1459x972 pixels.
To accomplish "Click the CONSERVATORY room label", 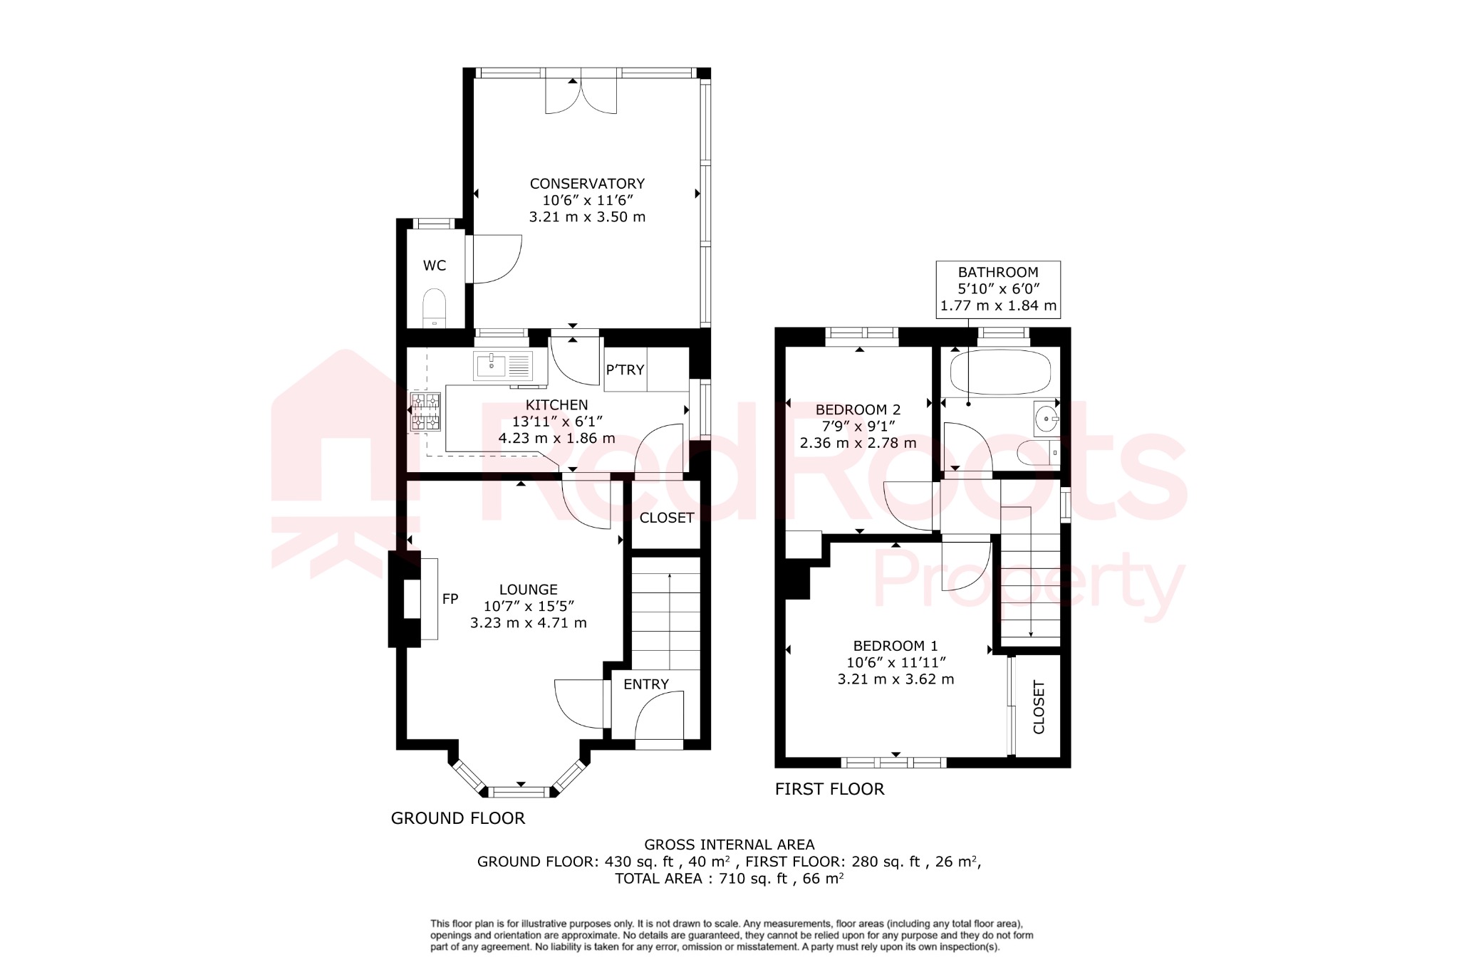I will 587,184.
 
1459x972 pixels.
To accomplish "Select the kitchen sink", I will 491,366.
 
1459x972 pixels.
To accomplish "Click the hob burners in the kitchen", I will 425,412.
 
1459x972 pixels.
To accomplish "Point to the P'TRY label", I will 625,370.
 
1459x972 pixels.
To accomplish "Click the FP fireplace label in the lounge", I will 450,599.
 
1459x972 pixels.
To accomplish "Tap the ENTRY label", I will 645,684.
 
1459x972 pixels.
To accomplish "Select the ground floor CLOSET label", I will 666,518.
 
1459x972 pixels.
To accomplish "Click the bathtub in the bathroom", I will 1000,371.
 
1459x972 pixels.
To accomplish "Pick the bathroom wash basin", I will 1047,419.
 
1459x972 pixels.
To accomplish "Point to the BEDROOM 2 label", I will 858,409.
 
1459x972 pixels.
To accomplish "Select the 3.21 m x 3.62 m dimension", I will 895,679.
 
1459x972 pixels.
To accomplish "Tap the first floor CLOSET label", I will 1039,707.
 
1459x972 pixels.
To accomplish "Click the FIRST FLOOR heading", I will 829,789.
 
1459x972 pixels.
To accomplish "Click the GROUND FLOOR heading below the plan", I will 457,818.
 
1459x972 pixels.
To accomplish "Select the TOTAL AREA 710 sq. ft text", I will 729,879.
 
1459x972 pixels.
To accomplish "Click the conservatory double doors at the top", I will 581,95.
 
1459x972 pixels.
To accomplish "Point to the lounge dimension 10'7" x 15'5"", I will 529,606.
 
